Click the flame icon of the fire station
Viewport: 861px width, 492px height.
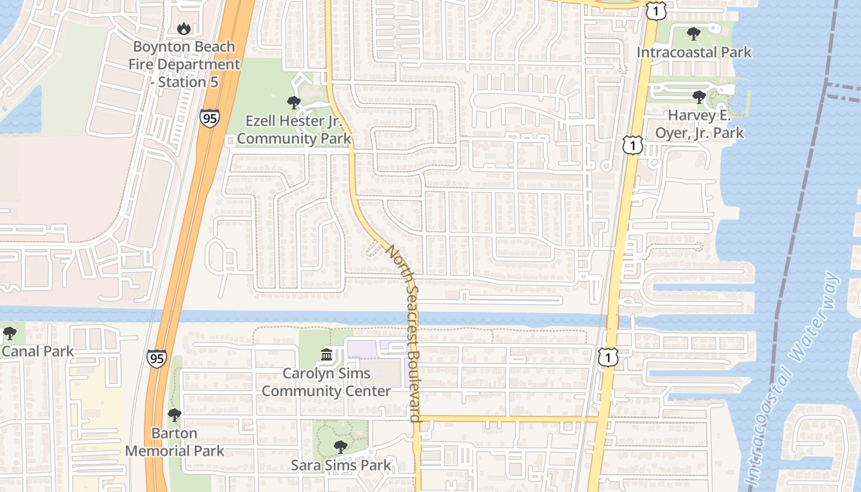pyautogui.click(x=183, y=28)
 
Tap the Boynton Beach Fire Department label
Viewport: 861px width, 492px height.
pyautogui.click(x=184, y=64)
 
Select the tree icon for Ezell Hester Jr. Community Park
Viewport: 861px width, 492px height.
pyautogui.click(x=293, y=102)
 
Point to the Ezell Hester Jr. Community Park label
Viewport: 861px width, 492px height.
pyautogui.click(x=294, y=129)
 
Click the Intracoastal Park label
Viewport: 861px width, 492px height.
pyautogui.click(x=694, y=52)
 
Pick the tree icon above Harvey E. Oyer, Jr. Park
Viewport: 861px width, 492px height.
pyautogui.click(x=699, y=97)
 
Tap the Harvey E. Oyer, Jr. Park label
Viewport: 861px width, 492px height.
pyautogui.click(x=699, y=124)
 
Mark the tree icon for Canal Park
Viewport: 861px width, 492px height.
pyautogui.click(x=9, y=333)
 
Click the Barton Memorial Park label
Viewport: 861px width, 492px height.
pyautogui.click(x=175, y=442)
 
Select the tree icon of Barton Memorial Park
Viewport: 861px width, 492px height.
pyautogui.click(x=175, y=415)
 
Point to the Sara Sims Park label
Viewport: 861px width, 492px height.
pyautogui.click(x=341, y=465)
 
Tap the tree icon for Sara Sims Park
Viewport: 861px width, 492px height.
pyautogui.click(x=340, y=446)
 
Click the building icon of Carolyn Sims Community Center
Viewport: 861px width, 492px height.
pyautogui.click(x=327, y=355)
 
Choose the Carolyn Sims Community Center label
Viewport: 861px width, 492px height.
pyautogui.click(x=327, y=382)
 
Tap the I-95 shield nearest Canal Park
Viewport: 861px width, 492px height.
pyautogui.click(x=157, y=359)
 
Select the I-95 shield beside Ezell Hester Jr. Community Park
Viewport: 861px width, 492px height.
pyautogui.click(x=209, y=117)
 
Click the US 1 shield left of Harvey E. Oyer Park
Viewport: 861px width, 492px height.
pyautogui.click(x=632, y=145)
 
